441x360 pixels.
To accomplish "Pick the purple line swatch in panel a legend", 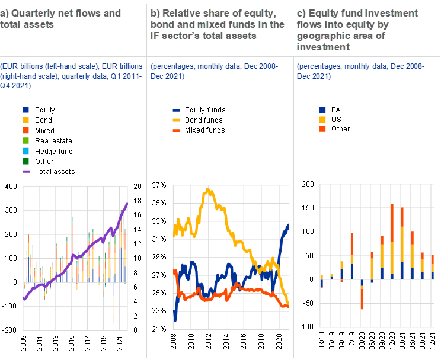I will [x=26, y=171].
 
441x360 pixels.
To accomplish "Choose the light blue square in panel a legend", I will [x=26, y=150].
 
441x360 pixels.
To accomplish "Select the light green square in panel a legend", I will [x=26, y=140].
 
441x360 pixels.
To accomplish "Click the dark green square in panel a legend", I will [x=26, y=160].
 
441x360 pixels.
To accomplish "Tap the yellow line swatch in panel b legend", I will [x=177, y=120].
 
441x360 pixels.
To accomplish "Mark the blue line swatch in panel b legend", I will [x=177, y=110].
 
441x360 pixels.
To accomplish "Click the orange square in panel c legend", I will [x=322, y=130].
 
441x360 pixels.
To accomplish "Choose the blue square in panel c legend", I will [x=322, y=110].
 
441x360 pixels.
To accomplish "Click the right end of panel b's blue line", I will [x=288, y=225].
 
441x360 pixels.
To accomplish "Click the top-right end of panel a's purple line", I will [x=127, y=204].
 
